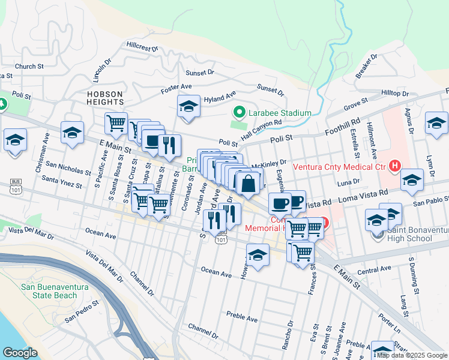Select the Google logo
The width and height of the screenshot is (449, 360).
(x=20, y=353)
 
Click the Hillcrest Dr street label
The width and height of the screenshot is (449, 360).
(x=142, y=46)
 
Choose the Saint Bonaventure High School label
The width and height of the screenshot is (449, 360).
(x=409, y=234)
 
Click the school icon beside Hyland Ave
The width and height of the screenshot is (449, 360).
(x=188, y=107)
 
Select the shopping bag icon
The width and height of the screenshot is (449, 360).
(x=247, y=183)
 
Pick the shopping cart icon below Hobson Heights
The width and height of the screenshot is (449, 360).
(x=116, y=123)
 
